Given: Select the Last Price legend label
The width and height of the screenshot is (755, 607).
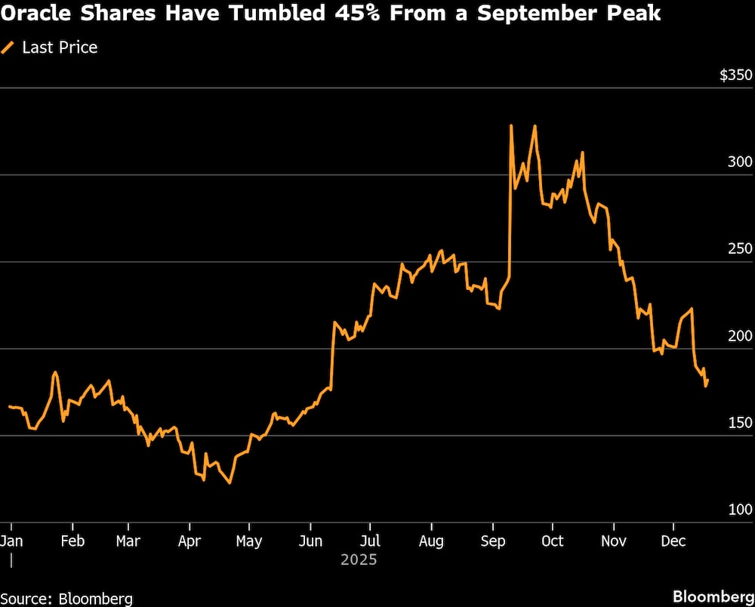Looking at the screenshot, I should tap(60, 48).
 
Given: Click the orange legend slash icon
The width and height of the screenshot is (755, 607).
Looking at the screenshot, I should tap(9, 48).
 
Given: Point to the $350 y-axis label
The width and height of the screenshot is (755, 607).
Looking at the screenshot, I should tap(735, 75).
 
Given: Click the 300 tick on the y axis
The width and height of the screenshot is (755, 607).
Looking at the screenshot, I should tap(740, 162).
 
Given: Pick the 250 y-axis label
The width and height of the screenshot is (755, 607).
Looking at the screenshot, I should tap(740, 249).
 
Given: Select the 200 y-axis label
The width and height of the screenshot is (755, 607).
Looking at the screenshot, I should tap(740, 336).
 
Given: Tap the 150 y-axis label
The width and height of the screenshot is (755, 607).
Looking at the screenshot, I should tap(740, 423).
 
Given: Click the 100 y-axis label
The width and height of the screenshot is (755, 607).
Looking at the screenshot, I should tap(740, 510).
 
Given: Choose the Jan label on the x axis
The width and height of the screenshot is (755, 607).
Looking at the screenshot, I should tap(11, 541).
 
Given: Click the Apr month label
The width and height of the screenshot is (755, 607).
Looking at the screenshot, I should tap(189, 541).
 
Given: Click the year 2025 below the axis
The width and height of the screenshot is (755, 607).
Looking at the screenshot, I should tap(358, 560).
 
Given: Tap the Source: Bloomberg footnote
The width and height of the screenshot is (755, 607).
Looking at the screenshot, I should tap(66, 599).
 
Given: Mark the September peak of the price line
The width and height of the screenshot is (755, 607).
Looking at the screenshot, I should tap(511, 125).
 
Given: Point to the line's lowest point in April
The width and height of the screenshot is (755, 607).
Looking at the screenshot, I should tap(230, 482).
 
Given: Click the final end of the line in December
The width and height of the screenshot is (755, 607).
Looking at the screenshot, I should tap(707, 380).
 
